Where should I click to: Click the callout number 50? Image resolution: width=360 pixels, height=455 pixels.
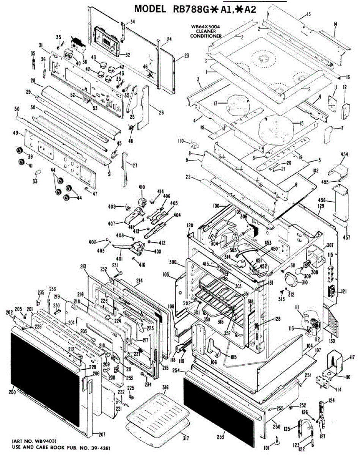17,109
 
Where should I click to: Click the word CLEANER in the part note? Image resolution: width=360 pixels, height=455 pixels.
206,31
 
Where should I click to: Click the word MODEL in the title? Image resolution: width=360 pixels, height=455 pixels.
145,9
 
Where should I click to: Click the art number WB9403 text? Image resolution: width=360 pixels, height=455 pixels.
41,441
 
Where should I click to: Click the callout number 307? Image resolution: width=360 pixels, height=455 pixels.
330,245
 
